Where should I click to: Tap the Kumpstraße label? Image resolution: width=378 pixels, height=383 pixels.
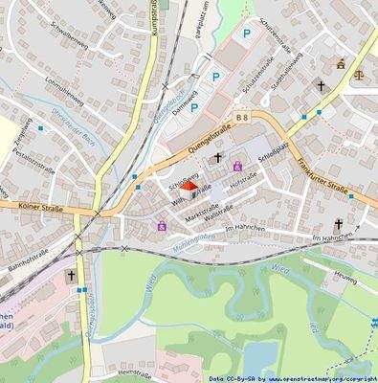coord(153,29)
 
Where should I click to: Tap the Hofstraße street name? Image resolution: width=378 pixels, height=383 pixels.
coord(244,179)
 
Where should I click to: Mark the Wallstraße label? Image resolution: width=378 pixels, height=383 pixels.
coord(220,217)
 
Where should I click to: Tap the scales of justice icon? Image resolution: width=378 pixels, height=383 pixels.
coord(361,70)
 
